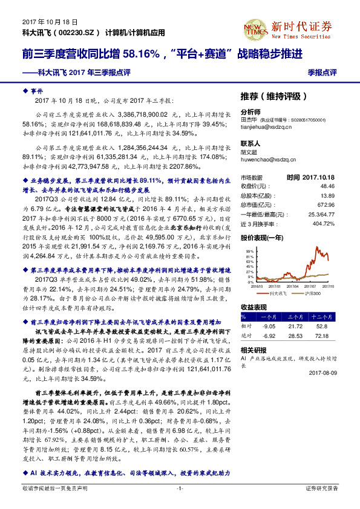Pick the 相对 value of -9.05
(266, 325)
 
